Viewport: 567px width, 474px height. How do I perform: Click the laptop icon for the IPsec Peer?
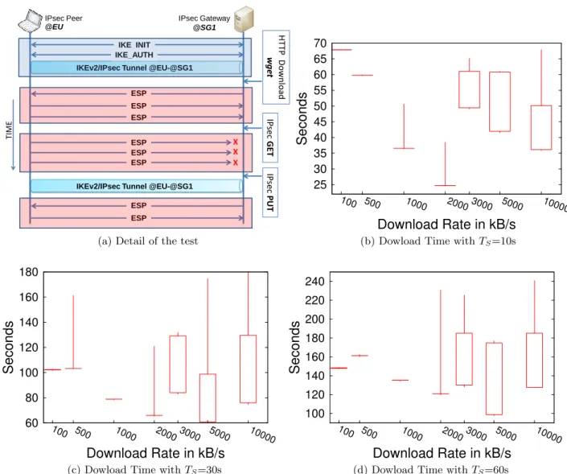pyautogui.click(x=30, y=21)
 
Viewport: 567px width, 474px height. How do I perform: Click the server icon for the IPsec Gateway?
pyautogui.click(x=244, y=19)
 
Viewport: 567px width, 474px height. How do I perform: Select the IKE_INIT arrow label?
pyautogui.click(x=134, y=45)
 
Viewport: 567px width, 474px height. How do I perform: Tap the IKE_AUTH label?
pyautogui.click(x=134, y=55)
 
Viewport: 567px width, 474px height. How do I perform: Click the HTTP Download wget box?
pyautogui.click(x=276, y=68)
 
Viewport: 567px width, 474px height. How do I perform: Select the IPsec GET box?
pyautogui.click(x=270, y=138)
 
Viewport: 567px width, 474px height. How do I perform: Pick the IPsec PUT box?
pyautogui.click(x=270, y=192)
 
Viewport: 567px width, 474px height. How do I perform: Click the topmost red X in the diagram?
pyautogui.click(x=236, y=142)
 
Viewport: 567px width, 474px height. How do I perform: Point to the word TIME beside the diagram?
pyautogui.click(x=9, y=130)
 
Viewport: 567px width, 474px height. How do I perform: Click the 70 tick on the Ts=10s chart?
pyautogui.click(x=320, y=43)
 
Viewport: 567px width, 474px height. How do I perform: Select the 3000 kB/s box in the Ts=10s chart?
pyautogui.click(x=470, y=89)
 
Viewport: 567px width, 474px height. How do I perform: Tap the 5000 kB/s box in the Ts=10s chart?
pyautogui.click(x=499, y=101)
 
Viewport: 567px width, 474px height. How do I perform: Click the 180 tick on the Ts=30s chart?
pyautogui.click(x=29, y=272)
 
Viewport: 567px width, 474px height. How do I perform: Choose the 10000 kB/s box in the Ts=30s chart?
pyautogui.click(x=248, y=369)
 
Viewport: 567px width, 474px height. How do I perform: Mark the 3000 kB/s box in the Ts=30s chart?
pyautogui.click(x=178, y=364)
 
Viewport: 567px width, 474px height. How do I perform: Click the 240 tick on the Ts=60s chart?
pyautogui.click(x=314, y=281)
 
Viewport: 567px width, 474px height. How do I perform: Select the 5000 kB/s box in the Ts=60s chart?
pyautogui.click(x=494, y=378)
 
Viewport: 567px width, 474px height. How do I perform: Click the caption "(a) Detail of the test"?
pyautogui.click(x=148, y=241)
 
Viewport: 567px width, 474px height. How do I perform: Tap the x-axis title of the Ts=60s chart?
pyautogui.click(x=442, y=453)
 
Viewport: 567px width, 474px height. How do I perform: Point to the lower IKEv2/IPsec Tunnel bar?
pyautogui.click(x=136, y=186)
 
